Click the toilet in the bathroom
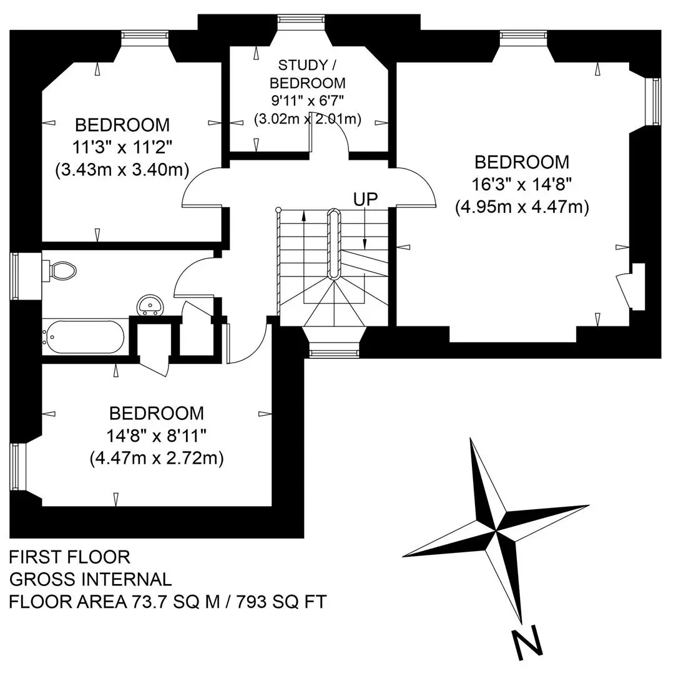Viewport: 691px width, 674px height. pos(59,270)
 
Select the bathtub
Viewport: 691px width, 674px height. pos(83,337)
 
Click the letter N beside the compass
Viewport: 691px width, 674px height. pos(527,642)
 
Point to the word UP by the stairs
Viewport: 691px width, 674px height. pos(365,200)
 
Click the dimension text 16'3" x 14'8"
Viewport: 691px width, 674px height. pos(522,185)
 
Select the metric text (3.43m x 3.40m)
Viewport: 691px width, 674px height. pos(122,170)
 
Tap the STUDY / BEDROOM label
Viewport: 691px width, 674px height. pos(308,74)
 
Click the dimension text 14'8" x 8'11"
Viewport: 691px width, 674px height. pos(157,436)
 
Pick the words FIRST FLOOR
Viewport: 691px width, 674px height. pos(70,557)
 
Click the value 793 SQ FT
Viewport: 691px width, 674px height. pos(282,602)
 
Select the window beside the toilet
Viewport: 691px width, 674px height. pos(14,276)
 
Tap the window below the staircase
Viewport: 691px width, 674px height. pos(333,353)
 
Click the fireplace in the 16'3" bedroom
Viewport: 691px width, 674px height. pos(631,287)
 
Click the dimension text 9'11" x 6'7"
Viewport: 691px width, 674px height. pos(308,101)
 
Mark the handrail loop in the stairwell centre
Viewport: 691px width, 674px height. pos(333,244)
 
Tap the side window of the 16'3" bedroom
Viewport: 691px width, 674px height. pos(656,102)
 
